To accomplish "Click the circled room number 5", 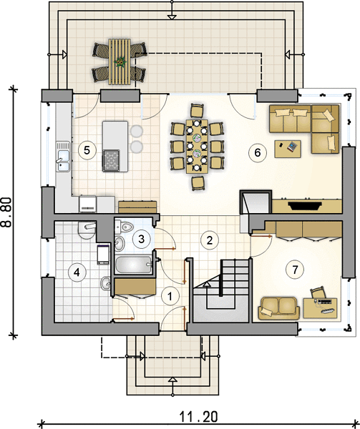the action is tap(87, 150).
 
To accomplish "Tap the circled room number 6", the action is tap(258, 152).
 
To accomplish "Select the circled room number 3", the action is tap(141, 239).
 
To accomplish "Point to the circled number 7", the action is tap(295, 270).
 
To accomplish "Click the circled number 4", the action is tap(77, 272).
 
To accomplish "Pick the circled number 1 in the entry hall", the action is tap(170, 296).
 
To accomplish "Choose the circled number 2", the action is tap(210, 240).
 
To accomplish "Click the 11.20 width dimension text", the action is tap(199, 417).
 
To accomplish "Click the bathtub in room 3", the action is tap(134, 265).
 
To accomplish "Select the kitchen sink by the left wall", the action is tap(63, 157).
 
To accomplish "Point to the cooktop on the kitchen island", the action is tap(111, 161).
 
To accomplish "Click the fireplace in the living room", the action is tap(304, 205).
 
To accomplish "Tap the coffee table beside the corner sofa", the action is tap(288, 149).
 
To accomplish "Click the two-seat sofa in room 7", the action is tap(279, 308).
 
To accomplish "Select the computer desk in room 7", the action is tap(321, 308).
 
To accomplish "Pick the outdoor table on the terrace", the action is tap(120, 61).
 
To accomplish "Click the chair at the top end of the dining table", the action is tap(197, 111).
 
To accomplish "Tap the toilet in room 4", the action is tap(87, 230).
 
